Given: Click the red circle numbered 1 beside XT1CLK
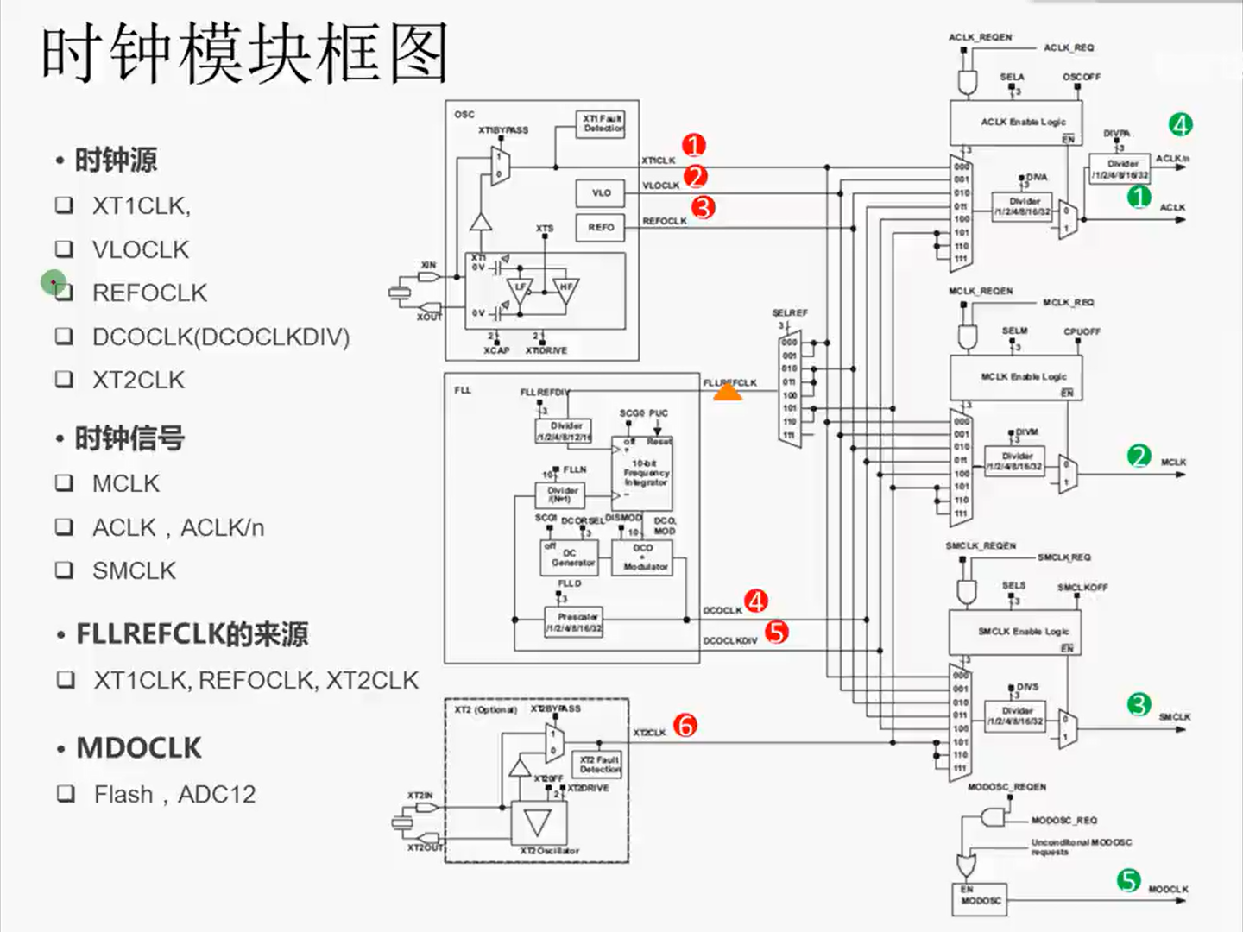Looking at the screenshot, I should click(x=694, y=146).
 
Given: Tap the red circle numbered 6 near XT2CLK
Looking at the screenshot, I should click(x=685, y=725).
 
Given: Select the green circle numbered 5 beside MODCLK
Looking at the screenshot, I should click(x=1129, y=881).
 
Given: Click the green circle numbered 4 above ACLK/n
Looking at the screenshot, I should click(x=1181, y=125).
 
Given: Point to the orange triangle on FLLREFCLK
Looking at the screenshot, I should click(x=728, y=393).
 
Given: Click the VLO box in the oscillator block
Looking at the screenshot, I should click(x=601, y=192).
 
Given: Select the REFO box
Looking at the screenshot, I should click(x=601, y=228).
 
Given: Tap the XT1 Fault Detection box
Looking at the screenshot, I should click(x=601, y=123).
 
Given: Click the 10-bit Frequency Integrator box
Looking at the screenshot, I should click(x=644, y=473).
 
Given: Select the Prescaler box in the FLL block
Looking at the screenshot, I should click(x=574, y=621).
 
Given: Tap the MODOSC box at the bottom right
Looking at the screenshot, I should click(x=980, y=897).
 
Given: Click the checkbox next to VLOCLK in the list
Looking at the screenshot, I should click(x=65, y=249).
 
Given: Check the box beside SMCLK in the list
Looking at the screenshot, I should click(x=65, y=570).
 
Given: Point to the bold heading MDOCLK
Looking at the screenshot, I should click(x=139, y=748).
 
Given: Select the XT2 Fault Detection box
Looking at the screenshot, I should click(x=598, y=765).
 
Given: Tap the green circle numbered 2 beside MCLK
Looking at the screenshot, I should click(x=1139, y=457).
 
